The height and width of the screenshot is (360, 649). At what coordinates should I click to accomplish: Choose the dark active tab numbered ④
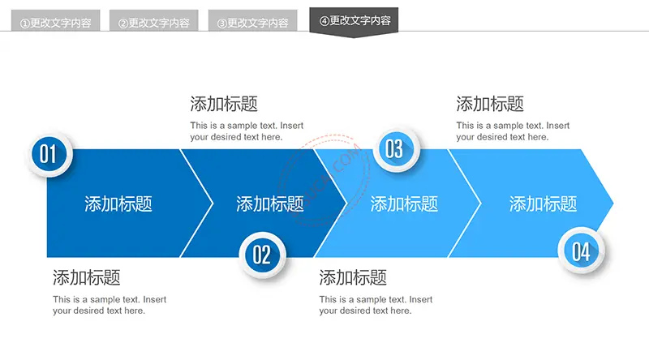point(354,21)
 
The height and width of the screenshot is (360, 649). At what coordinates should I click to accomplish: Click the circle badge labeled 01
point(49,154)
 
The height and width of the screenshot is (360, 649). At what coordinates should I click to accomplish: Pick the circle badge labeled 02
point(262,255)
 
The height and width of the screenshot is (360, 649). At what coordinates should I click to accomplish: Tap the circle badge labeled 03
point(396,149)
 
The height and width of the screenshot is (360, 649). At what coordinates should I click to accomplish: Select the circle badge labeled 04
point(581,251)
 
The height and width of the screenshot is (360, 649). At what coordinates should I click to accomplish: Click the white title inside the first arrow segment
point(118,204)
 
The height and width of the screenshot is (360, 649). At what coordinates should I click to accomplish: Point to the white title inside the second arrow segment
point(270,204)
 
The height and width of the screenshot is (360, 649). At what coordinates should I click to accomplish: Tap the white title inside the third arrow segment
point(404,204)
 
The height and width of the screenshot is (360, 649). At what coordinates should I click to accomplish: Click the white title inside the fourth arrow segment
point(543,204)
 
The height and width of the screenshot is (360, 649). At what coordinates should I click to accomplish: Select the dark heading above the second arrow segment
point(224,104)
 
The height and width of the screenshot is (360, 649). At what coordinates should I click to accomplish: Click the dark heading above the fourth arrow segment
point(490,104)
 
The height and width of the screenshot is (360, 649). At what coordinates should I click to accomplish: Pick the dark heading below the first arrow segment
point(87,277)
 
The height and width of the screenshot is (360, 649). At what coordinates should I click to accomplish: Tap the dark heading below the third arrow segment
point(353,277)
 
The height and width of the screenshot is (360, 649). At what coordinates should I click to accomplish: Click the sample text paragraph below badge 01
point(110,305)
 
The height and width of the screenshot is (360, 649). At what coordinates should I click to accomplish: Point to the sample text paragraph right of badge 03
point(513,131)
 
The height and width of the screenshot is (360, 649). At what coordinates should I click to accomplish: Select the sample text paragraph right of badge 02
point(376,305)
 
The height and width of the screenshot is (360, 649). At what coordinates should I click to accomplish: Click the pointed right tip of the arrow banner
point(613,204)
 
